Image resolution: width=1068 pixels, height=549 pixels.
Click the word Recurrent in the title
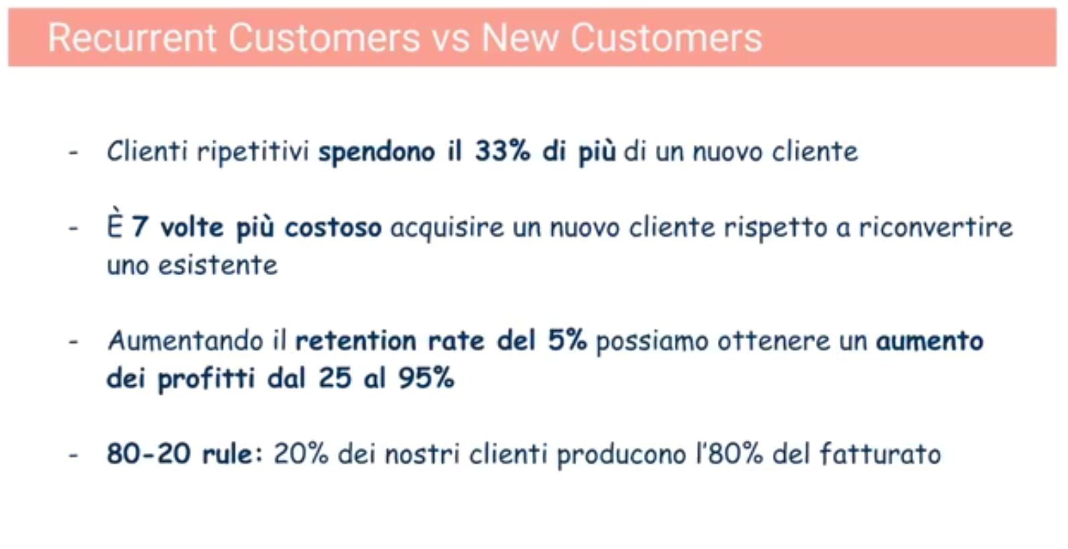click(x=132, y=38)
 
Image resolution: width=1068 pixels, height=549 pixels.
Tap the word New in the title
click(x=520, y=38)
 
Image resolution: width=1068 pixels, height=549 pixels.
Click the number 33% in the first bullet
click(x=502, y=151)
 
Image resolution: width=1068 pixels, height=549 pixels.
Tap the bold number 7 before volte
click(x=140, y=227)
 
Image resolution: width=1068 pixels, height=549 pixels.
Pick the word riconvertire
click(x=935, y=227)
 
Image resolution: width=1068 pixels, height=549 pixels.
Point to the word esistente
click(x=217, y=265)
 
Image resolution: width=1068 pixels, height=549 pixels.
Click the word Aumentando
click(x=185, y=341)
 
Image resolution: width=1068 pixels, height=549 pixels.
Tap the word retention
click(x=356, y=341)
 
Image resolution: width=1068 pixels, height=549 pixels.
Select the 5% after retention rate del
click(x=568, y=340)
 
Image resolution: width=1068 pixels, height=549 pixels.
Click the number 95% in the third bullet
click(x=426, y=379)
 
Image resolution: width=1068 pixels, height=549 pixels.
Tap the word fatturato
click(x=881, y=453)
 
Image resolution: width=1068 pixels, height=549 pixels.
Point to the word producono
click(x=622, y=454)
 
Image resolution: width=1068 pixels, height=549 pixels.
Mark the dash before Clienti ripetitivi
click(x=73, y=152)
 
